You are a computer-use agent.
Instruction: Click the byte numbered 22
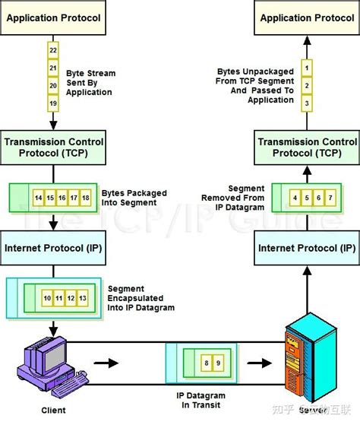coord(53,49)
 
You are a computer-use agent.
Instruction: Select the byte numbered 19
coord(53,102)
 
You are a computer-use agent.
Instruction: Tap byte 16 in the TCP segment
coord(62,197)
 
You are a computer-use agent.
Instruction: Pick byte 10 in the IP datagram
coord(47,297)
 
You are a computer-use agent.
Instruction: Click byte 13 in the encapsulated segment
coord(83,297)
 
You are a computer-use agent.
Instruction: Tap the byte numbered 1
coord(307,68)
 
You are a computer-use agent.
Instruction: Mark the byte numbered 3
coord(307,102)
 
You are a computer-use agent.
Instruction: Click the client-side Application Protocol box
coord(54,17)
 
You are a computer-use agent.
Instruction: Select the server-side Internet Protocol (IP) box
coord(306,248)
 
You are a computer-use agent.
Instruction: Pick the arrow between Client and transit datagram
coord(112,363)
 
